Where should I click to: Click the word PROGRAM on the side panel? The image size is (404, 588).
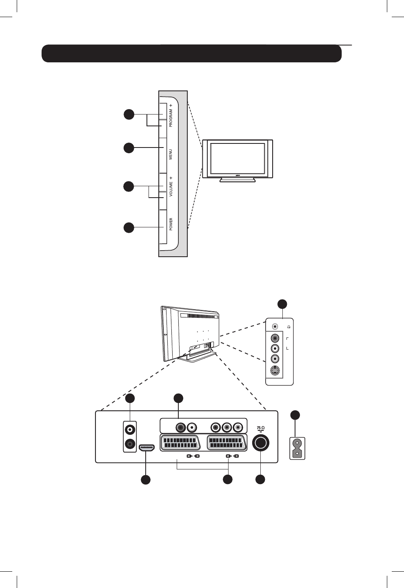(171, 118)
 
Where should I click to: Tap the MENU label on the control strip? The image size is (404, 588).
(171, 154)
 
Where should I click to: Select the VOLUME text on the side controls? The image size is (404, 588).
(171, 189)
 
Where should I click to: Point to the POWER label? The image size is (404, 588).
(171, 224)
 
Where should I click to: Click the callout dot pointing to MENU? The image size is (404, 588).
(129, 148)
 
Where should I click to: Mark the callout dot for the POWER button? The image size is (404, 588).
(129, 227)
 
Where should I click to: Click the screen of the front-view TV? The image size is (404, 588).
(237, 158)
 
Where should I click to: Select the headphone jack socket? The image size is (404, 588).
(275, 326)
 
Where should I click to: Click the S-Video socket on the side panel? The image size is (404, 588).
(275, 371)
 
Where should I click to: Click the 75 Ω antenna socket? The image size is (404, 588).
(261, 443)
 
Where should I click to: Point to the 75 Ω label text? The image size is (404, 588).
(261, 428)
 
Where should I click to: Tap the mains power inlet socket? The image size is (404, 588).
(297, 448)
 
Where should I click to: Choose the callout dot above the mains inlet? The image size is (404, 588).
(295, 415)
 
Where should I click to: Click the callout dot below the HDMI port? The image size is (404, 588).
(146, 480)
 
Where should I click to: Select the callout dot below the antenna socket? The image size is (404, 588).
(260, 480)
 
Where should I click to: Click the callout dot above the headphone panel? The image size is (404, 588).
(282, 304)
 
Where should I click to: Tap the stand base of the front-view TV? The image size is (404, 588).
(237, 180)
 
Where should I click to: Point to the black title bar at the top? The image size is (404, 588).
(191, 53)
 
